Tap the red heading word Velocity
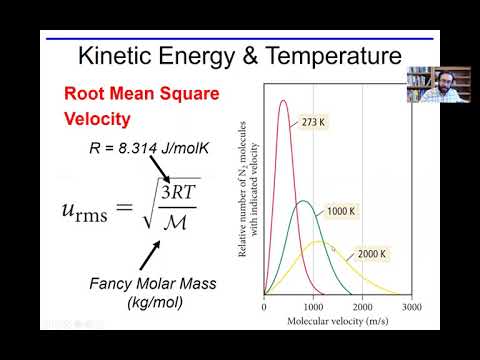coord(98,119)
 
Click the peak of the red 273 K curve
coord(284,100)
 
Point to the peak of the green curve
coord(304,202)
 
